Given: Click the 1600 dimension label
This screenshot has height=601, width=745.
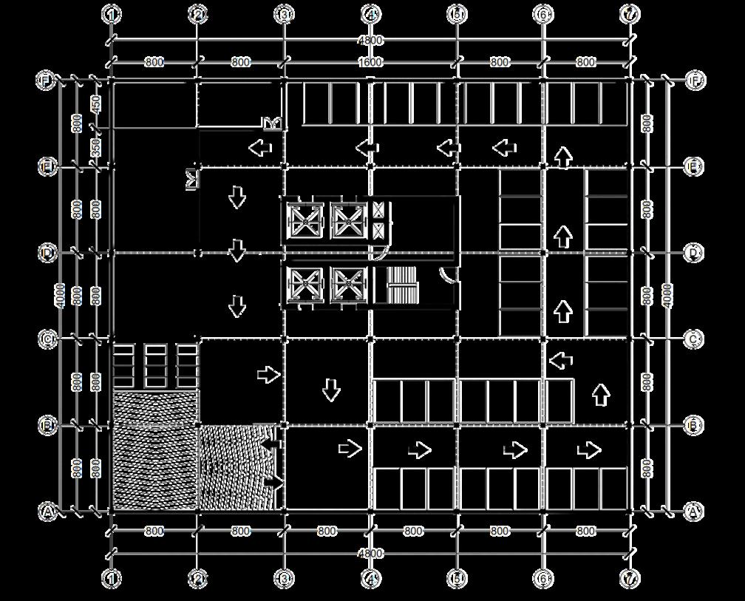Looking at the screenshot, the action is point(370,62).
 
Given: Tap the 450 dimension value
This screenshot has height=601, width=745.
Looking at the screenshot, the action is point(96,105).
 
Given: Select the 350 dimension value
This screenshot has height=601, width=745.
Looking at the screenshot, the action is point(96,148).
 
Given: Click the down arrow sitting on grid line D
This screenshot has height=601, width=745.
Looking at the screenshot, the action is point(237,251).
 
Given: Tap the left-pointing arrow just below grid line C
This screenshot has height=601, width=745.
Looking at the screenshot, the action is point(562,361).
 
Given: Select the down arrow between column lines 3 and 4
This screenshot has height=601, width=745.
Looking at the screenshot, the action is point(331,390).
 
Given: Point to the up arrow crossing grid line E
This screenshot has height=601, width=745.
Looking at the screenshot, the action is point(564,157).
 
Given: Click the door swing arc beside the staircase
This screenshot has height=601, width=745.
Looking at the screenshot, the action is point(447,274).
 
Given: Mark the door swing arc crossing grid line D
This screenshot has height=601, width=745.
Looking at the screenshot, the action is point(378,254).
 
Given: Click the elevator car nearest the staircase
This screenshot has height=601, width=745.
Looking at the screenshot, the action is point(349,285).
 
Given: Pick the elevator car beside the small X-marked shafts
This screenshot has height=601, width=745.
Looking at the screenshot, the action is point(349,220).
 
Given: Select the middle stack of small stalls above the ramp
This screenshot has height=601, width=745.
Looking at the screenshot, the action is point(155,365).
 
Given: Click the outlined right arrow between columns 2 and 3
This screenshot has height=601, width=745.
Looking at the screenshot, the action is point(268,375).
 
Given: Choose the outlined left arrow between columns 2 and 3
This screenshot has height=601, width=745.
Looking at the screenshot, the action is point(260,149).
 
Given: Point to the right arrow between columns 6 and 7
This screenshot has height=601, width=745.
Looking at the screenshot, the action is point(589,449).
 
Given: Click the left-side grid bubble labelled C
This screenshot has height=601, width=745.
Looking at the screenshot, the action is point(47,339).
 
